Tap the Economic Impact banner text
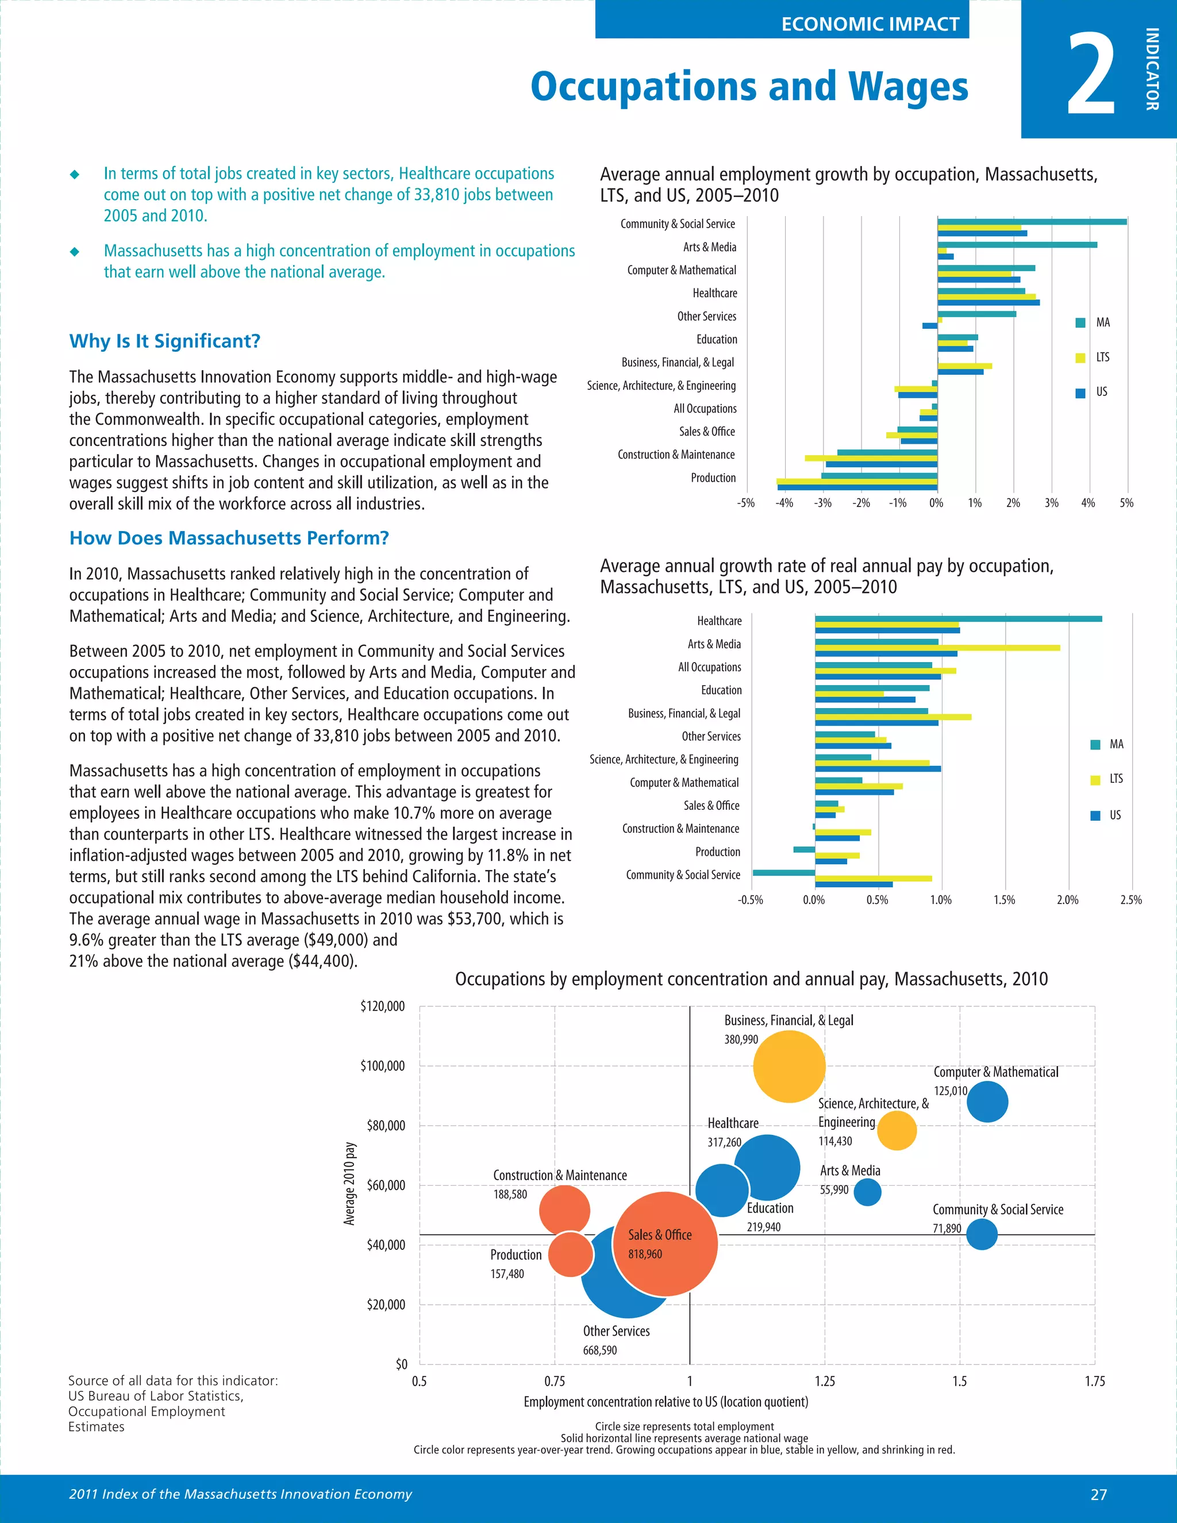[x=870, y=24]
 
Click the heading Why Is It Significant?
[x=164, y=341]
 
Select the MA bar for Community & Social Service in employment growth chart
[x=1032, y=222]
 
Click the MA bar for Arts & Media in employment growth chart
[x=1017, y=245]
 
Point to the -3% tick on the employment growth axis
[x=823, y=503]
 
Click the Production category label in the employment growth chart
[x=713, y=478]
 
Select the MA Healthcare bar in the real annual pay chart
[x=958, y=618]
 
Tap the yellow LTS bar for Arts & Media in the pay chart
[x=937, y=648]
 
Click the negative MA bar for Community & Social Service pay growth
[x=783, y=872]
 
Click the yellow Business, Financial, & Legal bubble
[x=788, y=1066]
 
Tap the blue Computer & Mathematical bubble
[x=987, y=1102]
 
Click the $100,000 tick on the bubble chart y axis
[x=382, y=1066]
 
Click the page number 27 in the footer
[x=1098, y=1494]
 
